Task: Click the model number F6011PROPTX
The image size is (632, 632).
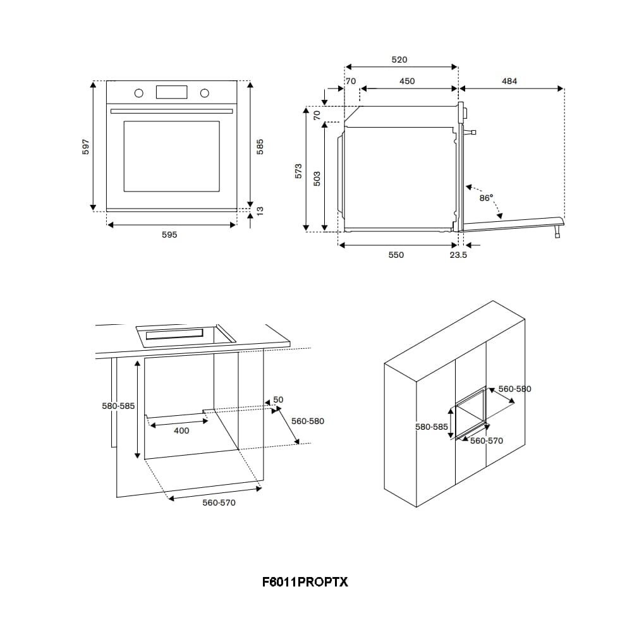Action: click(x=305, y=581)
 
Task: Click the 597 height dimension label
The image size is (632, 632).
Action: click(x=87, y=146)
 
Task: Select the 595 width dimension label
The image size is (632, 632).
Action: click(x=169, y=234)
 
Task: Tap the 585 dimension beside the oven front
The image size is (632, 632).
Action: click(x=260, y=146)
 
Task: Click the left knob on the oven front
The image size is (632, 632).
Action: click(x=138, y=94)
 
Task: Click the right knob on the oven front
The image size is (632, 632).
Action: click(x=204, y=94)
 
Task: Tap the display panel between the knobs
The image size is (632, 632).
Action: click(x=171, y=92)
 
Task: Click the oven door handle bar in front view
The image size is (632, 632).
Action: click(x=171, y=111)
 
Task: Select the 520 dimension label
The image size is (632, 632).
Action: click(x=399, y=59)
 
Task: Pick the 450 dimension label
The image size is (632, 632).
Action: click(x=407, y=81)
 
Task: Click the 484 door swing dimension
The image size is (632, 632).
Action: click(x=509, y=81)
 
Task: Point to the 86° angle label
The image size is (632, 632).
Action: click(x=486, y=198)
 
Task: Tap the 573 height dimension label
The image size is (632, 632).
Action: click(x=299, y=171)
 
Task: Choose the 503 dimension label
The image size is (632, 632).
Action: click(x=317, y=178)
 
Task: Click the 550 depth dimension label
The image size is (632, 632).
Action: click(x=396, y=255)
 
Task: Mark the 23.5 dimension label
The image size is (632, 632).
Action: click(x=458, y=255)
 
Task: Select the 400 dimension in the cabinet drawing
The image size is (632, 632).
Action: click(x=181, y=431)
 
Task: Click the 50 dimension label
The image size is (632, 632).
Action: click(x=278, y=399)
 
